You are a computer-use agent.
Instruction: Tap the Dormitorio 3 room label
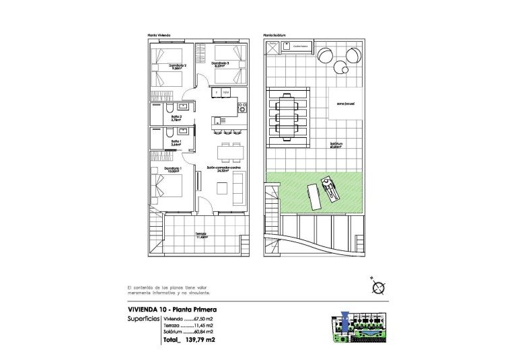pos(221,64)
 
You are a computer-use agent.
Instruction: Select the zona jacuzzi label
pos(336,104)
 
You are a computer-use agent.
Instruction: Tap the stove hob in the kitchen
pos(238,107)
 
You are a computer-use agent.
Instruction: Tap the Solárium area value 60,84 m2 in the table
pos(203,332)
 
